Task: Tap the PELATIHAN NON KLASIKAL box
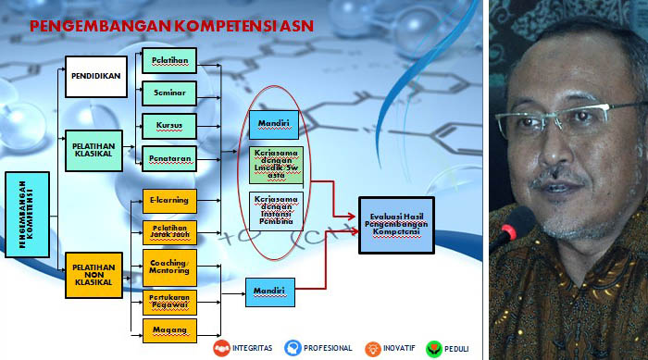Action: coord(93,274)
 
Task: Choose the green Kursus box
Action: coord(168,125)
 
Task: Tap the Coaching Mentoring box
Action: coord(168,267)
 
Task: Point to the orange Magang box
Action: coord(168,329)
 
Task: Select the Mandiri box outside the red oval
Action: coord(269,292)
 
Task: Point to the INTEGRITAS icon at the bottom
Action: coord(223,349)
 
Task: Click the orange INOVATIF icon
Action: coord(372,349)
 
